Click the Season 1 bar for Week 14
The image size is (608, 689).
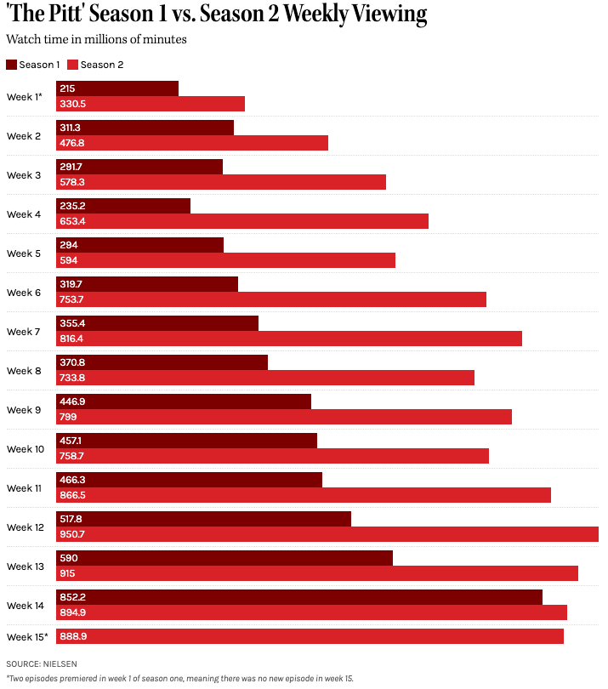click(299, 597)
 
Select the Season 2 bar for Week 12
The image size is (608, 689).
click(327, 534)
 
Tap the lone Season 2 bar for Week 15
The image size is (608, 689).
click(310, 636)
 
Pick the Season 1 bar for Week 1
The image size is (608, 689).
click(117, 88)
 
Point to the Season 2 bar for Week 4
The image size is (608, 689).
click(242, 221)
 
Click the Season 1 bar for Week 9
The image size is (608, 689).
click(184, 401)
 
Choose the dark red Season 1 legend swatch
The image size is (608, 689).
click(11, 65)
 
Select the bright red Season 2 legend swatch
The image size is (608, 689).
click(72, 65)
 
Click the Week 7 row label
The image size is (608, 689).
click(24, 332)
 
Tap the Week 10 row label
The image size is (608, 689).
click(26, 449)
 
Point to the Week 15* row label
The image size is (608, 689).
click(27, 637)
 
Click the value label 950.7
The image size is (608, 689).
click(72, 534)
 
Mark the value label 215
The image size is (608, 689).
click(67, 88)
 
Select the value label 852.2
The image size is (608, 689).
click(72, 597)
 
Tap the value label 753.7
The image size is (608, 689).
click(71, 299)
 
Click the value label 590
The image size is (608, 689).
click(69, 558)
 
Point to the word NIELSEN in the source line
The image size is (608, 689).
click(60, 664)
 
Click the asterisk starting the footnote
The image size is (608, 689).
click(8, 678)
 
